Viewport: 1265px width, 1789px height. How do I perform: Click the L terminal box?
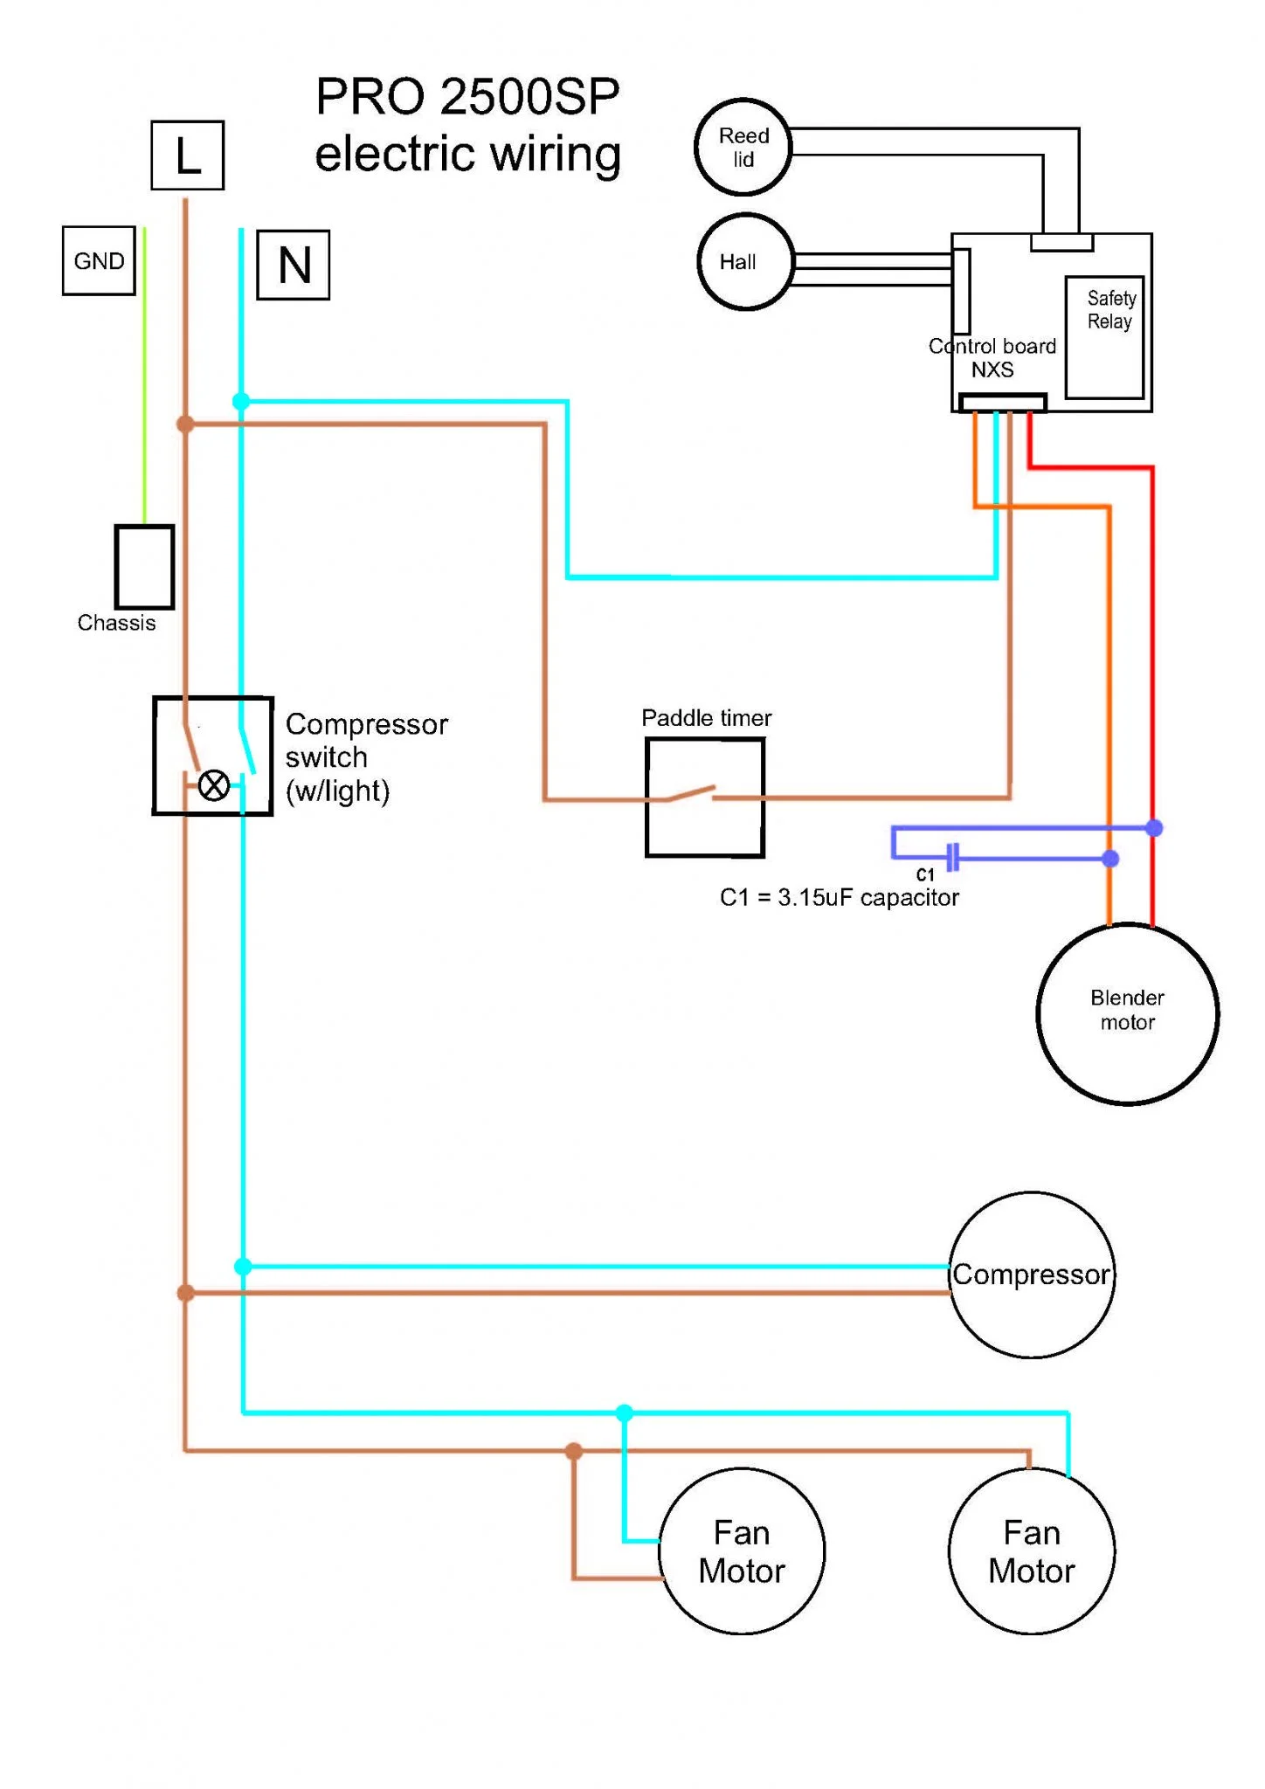pos(187,155)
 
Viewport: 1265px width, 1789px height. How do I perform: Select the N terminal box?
pos(294,265)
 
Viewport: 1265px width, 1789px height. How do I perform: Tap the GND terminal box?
pos(99,260)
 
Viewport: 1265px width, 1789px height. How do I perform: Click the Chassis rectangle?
pos(144,567)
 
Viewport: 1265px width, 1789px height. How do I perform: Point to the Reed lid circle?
pos(743,147)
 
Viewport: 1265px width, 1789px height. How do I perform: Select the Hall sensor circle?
pos(745,261)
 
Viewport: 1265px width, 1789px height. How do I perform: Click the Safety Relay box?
pos(1104,337)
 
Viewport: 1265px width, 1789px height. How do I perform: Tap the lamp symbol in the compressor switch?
pos(214,785)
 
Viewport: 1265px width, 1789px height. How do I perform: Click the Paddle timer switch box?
pos(705,797)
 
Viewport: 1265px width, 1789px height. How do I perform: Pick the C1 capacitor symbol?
pos(953,857)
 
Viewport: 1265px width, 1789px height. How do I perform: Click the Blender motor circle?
pos(1127,1013)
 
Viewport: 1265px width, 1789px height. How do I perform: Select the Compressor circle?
pos(1032,1274)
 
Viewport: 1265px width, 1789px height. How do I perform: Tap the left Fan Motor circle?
pos(742,1551)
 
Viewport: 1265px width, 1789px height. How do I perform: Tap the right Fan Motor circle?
pos(1032,1551)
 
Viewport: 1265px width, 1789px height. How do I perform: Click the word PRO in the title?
pos(371,96)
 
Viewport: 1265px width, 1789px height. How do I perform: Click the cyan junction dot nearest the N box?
pos(241,402)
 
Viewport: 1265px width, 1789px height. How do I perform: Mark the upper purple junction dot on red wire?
pos(1154,828)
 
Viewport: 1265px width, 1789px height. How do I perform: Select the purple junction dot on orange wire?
pos(1110,859)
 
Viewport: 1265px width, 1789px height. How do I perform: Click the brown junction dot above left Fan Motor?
pos(574,1451)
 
